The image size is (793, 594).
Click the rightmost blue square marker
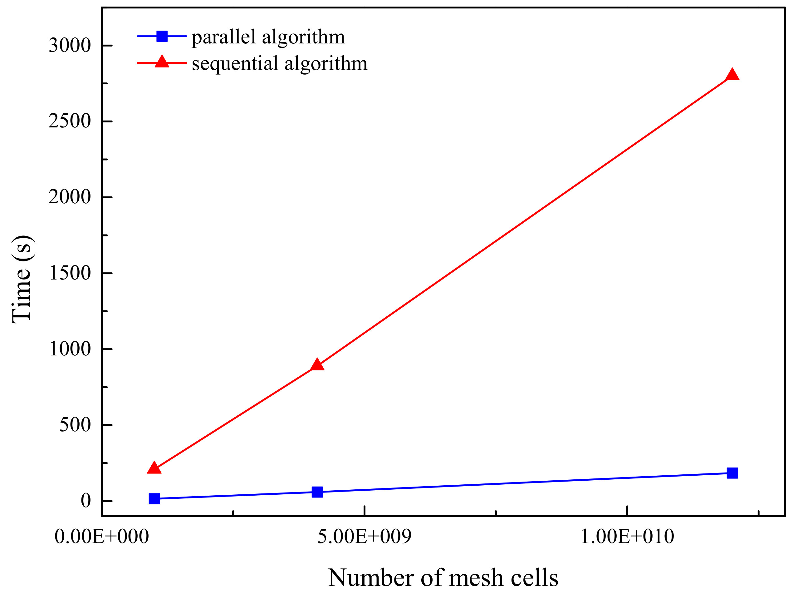(x=732, y=473)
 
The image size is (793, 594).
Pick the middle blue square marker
(x=317, y=492)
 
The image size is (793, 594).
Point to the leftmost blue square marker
(x=154, y=498)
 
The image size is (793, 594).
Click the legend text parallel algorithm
(x=268, y=37)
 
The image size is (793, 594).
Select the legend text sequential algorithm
(x=279, y=63)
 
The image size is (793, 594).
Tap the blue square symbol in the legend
(x=162, y=36)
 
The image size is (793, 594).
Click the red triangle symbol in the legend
(x=162, y=62)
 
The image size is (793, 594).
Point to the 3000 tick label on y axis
(x=70, y=46)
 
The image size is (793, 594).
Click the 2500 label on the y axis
(x=70, y=121)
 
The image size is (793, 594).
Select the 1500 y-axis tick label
(x=70, y=273)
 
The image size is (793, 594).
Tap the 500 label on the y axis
(x=75, y=425)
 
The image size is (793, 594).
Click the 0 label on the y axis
(x=86, y=501)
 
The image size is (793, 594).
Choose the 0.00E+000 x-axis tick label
(x=101, y=537)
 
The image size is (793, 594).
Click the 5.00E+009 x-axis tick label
(x=364, y=537)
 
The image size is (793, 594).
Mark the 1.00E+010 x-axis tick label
(x=627, y=537)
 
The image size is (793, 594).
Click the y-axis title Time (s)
(x=22, y=280)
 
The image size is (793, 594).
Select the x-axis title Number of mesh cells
(x=443, y=577)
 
